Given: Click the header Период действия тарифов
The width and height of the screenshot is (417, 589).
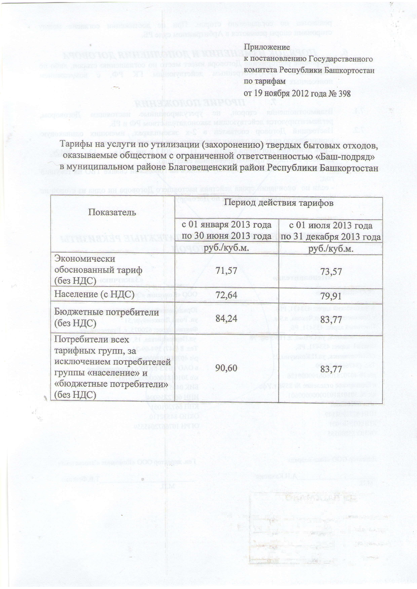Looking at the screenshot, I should [279, 203].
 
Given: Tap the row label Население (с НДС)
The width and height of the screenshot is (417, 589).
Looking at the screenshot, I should [94, 295].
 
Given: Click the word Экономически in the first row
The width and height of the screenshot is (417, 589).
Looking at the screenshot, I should [85, 259].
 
